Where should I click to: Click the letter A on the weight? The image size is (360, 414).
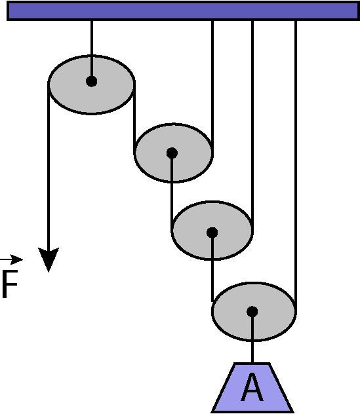click(252, 387)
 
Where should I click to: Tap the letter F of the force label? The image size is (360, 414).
click(10, 284)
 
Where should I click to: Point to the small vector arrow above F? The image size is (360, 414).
click(11, 259)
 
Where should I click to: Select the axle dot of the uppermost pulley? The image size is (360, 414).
click(91, 81)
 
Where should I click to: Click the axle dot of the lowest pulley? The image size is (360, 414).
click(252, 312)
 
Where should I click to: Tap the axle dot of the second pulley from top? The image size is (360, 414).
click(172, 153)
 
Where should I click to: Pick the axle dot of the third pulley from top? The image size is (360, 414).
click(212, 233)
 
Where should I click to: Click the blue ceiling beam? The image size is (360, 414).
click(183, 10)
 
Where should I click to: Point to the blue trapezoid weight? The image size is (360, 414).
click(252, 387)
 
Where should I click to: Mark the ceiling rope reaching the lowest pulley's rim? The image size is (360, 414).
click(296, 166)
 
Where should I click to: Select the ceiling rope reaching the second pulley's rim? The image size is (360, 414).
click(212, 86)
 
